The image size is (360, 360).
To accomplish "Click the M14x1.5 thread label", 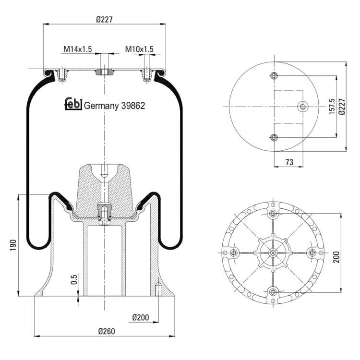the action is [x=78, y=49].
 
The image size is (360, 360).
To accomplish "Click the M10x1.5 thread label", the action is [x=139, y=49].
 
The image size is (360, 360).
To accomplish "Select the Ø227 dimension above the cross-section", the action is [x=105, y=20].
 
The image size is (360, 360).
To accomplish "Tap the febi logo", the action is [x=73, y=104].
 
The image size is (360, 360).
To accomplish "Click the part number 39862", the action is [x=133, y=106].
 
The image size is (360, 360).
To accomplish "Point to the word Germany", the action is [x=101, y=106].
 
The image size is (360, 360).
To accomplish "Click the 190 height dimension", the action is [x=13, y=245].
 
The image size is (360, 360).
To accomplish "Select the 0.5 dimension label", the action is [x=74, y=279].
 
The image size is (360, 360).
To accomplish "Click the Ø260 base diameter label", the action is [x=107, y=331].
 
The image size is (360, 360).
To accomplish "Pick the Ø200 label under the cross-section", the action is [x=141, y=318].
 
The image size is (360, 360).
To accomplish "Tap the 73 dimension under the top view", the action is [x=289, y=162].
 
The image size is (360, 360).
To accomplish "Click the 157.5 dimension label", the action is [x=332, y=107].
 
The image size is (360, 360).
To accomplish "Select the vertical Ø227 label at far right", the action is [x=342, y=107].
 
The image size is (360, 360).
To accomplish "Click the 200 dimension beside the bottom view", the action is [x=336, y=257].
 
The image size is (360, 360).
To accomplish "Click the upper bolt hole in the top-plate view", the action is [x=274, y=75].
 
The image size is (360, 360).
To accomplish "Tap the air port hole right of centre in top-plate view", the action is [x=303, y=107].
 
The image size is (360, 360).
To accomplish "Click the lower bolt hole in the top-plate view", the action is [x=274, y=138].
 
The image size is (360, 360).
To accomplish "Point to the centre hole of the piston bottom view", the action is [x=273, y=253].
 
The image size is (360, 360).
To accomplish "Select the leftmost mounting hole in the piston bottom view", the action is [x=234, y=253].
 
